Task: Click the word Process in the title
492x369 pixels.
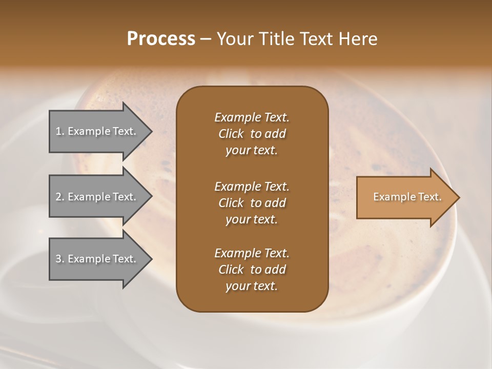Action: (161, 39)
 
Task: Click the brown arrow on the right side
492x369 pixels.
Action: (405, 197)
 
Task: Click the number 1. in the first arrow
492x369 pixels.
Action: (60, 131)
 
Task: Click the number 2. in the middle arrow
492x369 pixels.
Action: (60, 197)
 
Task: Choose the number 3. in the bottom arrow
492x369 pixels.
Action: (60, 259)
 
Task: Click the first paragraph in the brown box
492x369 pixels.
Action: (252, 134)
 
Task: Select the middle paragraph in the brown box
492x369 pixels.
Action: (252, 202)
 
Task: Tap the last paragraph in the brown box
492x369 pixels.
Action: (252, 270)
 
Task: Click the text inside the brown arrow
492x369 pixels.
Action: (407, 197)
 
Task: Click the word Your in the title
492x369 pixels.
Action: (233, 39)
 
